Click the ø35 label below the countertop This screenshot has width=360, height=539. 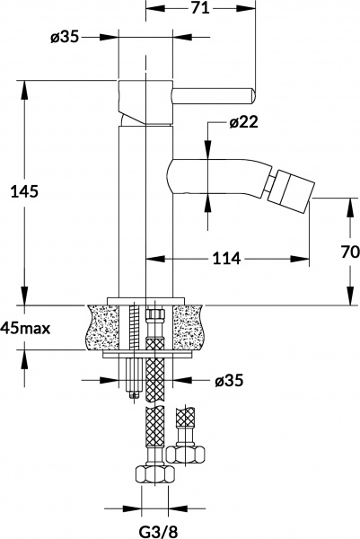[x=229, y=380]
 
